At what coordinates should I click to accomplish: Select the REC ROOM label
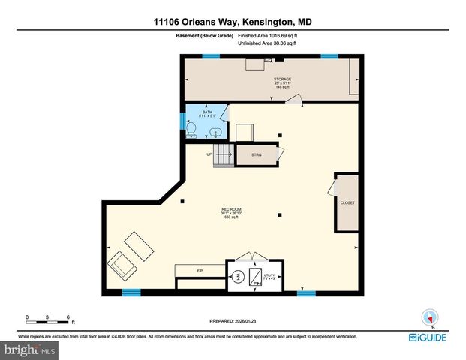[x=230, y=208]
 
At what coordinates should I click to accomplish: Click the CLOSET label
[x=347, y=202]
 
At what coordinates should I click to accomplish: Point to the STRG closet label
[x=255, y=155]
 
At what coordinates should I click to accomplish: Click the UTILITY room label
[x=269, y=277]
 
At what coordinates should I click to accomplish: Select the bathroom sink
[x=216, y=132]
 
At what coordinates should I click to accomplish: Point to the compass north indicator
[x=429, y=316]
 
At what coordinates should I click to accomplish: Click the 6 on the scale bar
[x=68, y=316]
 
